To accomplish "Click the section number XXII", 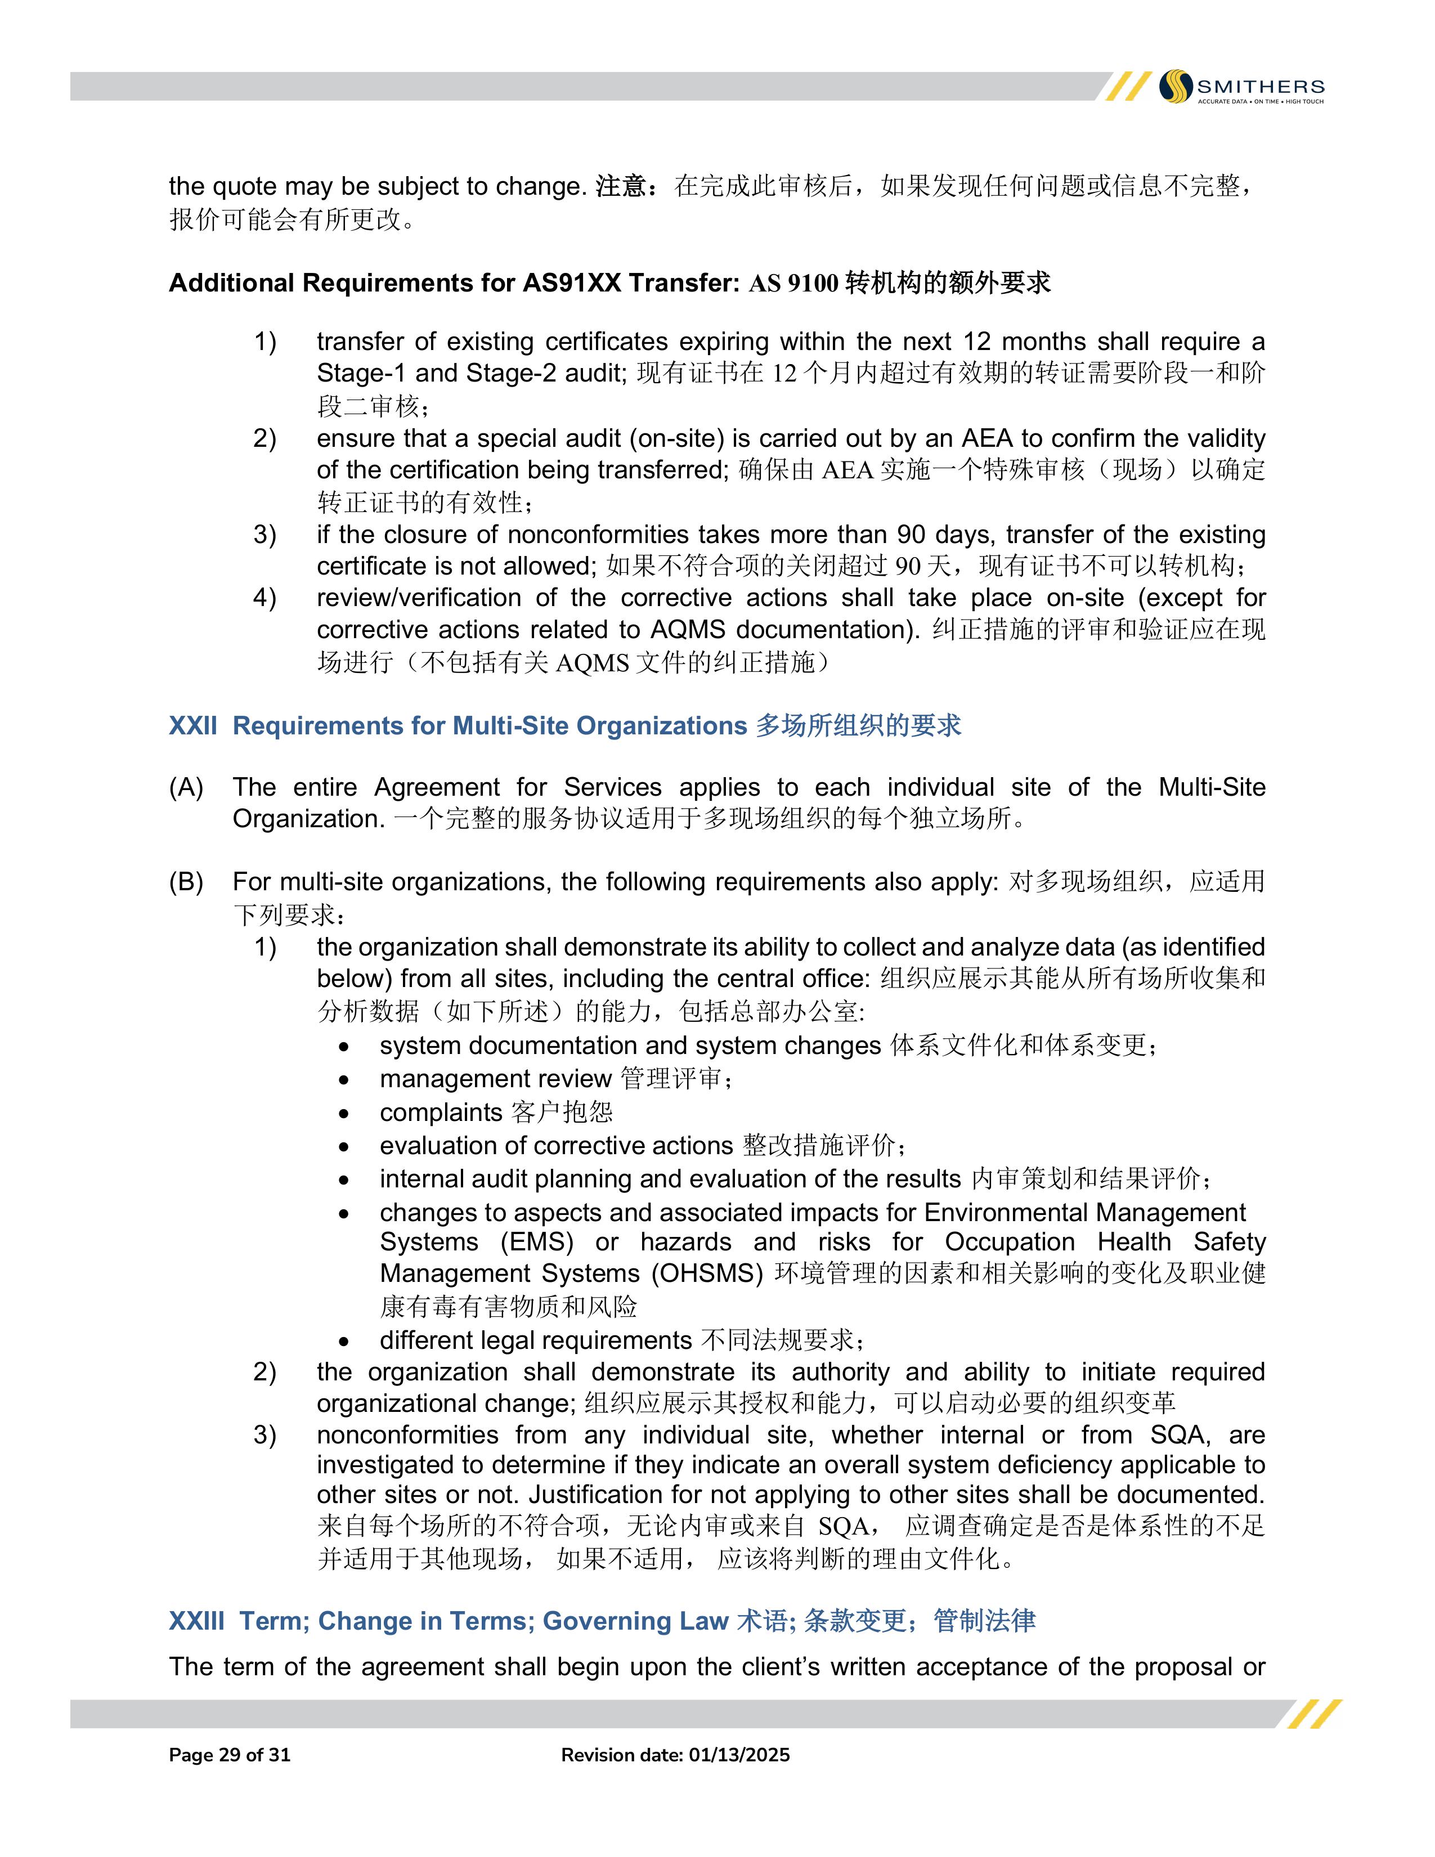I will (193, 726).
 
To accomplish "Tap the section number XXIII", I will (196, 1621).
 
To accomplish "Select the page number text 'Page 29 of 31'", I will (230, 1755).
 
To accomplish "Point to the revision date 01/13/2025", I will (739, 1755).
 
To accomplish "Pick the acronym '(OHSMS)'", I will (707, 1273).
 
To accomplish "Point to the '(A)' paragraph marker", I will (186, 788).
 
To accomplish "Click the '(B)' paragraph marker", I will (186, 882).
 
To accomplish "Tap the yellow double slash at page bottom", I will (1313, 1714).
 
